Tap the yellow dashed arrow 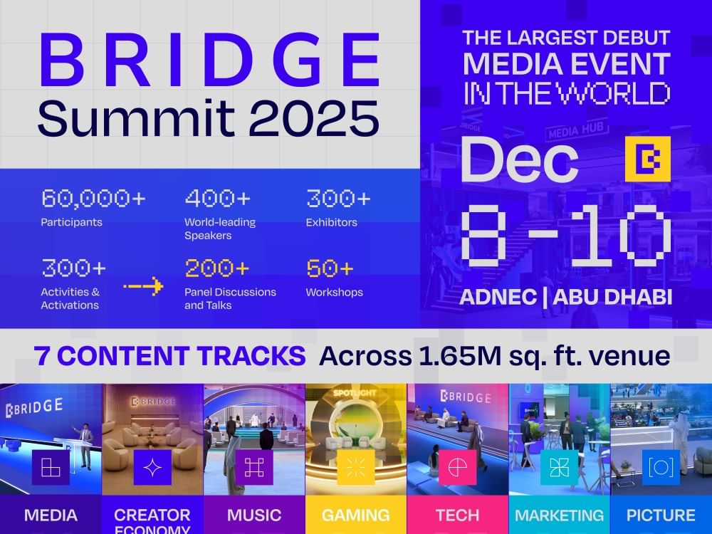[x=143, y=287]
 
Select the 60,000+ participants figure [x=93, y=198]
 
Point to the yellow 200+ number [x=217, y=268]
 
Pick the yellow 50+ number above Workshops [x=330, y=268]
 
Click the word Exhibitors [x=332, y=222]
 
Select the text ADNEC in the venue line [x=496, y=297]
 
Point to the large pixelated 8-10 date [x=566, y=236]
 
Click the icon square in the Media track [x=51, y=467]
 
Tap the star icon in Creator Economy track [x=152, y=467]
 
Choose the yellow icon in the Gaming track [x=355, y=467]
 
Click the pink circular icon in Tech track [x=457, y=467]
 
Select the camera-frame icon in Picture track [x=661, y=467]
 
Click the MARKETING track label [x=559, y=515]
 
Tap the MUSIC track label [x=254, y=515]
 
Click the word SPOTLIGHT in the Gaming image [x=355, y=393]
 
